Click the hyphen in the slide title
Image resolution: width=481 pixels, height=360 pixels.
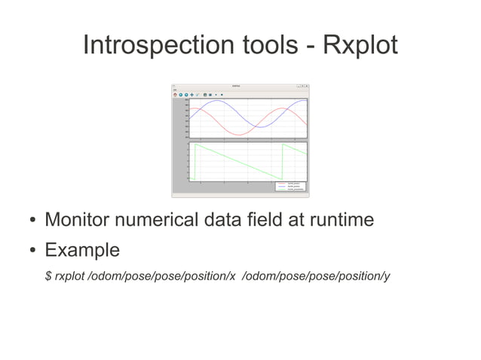(310, 47)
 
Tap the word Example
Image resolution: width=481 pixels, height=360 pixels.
(82, 249)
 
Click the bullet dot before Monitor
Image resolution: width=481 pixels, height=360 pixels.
(33, 221)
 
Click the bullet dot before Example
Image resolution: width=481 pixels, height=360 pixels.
(33, 250)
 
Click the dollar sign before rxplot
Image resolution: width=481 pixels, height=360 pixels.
(48, 276)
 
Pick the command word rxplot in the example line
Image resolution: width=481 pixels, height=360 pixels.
(70, 276)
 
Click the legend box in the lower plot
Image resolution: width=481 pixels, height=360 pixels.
(291, 185)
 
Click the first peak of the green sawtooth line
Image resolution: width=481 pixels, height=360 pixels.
(195, 144)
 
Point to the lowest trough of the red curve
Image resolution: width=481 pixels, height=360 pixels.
(240, 136)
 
